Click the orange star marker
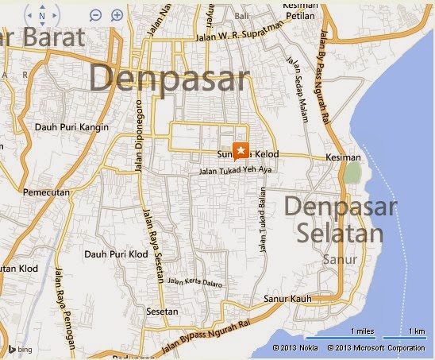[x=241, y=149]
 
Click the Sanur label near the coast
[x=341, y=259]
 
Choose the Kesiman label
[x=343, y=158]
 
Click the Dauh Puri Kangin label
[x=72, y=126]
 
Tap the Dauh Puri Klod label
[x=116, y=254]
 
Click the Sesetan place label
[x=162, y=312]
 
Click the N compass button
[x=42, y=15]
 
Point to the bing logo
[x=23, y=348]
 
